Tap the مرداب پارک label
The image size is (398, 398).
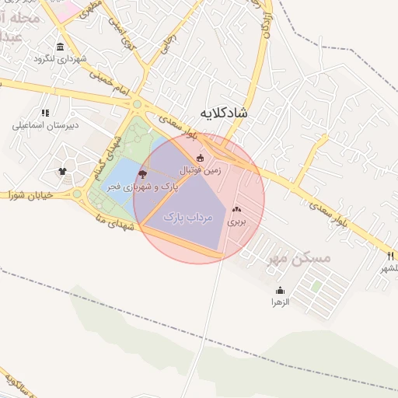point(187,218)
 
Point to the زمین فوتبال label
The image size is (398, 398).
point(201,169)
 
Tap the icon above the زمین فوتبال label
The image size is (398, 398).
point(200,158)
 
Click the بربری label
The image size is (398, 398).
point(236,221)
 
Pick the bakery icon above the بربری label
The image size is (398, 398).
point(237,209)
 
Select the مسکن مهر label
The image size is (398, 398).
point(298,258)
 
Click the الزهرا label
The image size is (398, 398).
point(280,302)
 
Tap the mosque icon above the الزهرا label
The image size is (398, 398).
point(280,290)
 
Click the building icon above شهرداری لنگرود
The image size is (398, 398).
point(61,47)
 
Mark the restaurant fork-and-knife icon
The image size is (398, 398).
point(390,256)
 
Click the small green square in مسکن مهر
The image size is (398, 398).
point(316,286)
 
